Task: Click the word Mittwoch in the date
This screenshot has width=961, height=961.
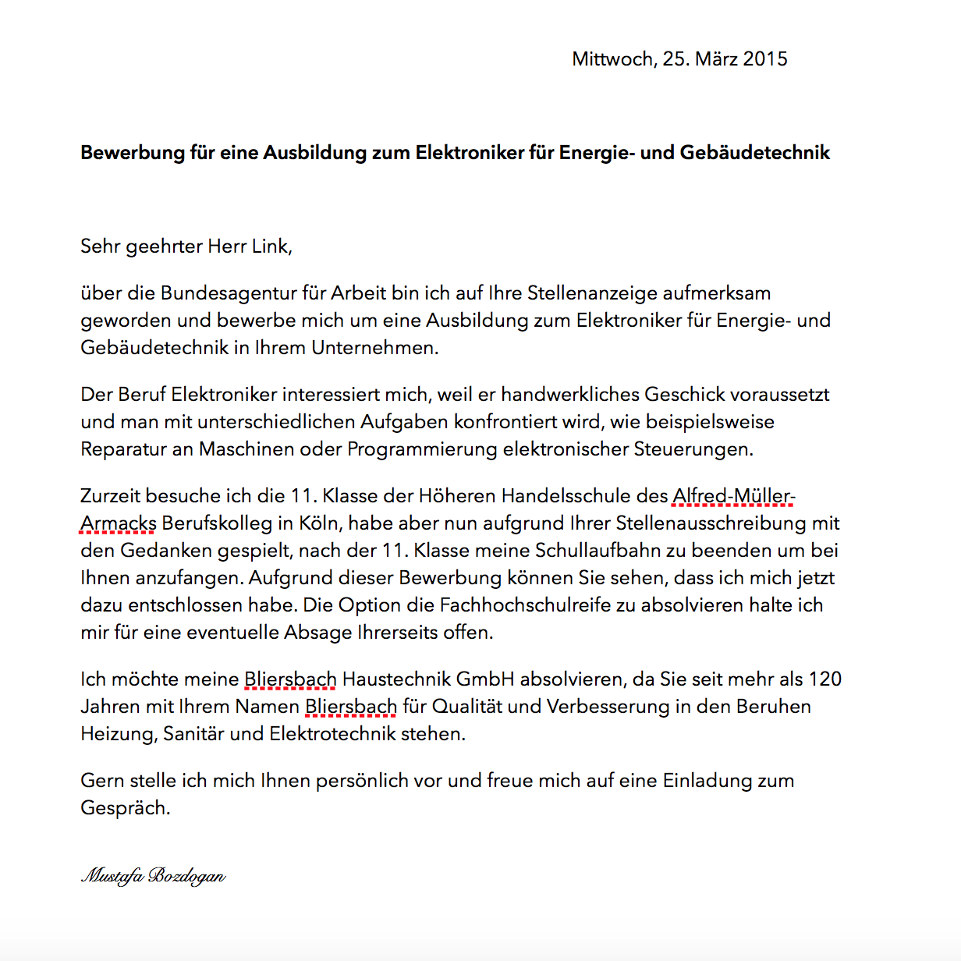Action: click(x=612, y=59)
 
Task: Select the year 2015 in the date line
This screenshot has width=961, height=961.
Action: click(x=764, y=59)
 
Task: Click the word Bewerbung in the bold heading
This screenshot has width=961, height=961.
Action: click(x=132, y=153)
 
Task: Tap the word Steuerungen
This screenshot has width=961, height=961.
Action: click(x=693, y=449)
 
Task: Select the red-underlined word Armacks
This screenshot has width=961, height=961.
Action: click(x=119, y=523)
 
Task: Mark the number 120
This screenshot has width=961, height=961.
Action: click(x=824, y=679)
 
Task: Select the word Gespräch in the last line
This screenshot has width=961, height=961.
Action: click(x=125, y=808)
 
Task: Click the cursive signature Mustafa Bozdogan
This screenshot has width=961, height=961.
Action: click(x=154, y=876)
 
